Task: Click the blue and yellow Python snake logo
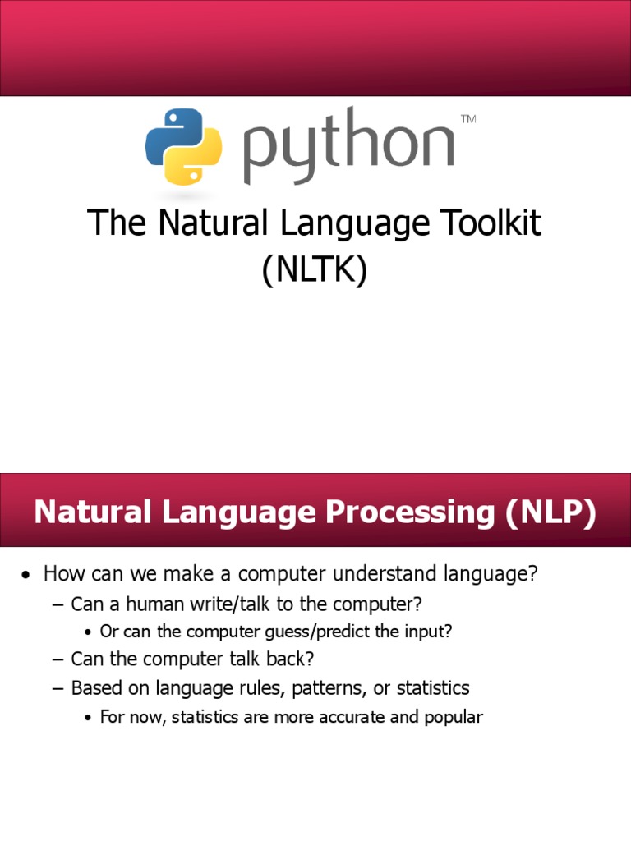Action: pyautogui.click(x=183, y=146)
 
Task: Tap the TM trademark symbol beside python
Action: pyautogui.click(x=468, y=120)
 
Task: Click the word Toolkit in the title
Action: pyautogui.click(x=486, y=223)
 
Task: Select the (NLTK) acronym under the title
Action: pyautogui.click(x=315, y=271)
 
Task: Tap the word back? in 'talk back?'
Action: pyautogui.click(x=289, y=659)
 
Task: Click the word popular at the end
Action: pyautogui.click(x=454, y=717)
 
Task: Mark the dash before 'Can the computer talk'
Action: pyautogui.click(x=57, y=659)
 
